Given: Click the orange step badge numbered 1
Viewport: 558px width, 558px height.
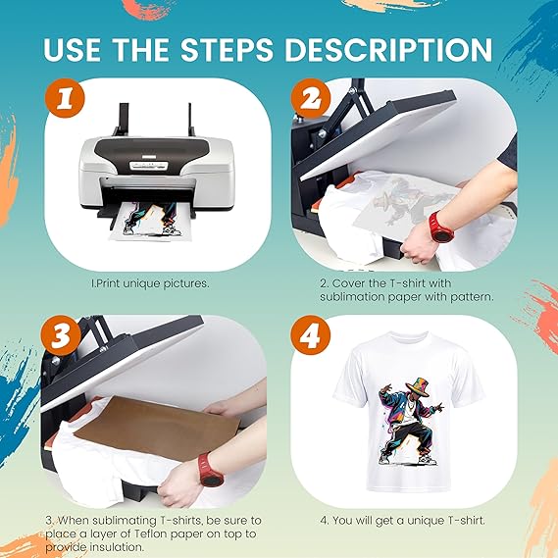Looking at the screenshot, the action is pos(65,99).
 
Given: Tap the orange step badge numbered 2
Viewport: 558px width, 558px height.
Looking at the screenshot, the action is pos(311,99).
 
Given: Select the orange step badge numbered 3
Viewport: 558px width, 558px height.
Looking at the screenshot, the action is pos(61,335).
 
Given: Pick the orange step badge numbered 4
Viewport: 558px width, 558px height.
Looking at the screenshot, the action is pos(311,335).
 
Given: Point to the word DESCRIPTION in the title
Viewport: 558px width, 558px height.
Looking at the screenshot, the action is pos(388,49).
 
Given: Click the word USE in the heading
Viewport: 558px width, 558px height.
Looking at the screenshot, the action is pos(73,49).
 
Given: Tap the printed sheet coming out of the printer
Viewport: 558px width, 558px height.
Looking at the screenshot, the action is pos(149,222).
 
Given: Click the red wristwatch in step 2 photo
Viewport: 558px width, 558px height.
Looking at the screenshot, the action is pos(441,228).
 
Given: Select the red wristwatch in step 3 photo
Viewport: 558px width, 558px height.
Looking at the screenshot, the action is pos(210,470).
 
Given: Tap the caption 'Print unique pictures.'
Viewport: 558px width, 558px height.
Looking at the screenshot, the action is pos(150,283).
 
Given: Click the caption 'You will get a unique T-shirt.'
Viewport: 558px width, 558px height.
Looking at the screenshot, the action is pos(402,521).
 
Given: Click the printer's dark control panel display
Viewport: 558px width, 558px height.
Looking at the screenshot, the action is pos(148,165).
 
